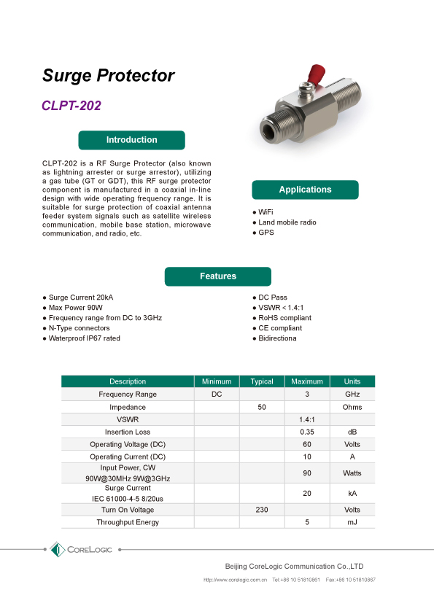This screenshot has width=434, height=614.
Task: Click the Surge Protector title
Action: [108, 76]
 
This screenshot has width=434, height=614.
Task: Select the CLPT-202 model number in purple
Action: [71, 105]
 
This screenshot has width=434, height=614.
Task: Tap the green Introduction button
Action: [131, 140]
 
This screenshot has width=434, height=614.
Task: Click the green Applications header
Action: [305, 190]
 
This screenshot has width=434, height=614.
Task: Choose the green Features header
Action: [218, 276]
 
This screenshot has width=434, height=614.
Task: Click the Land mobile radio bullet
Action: [287, 222]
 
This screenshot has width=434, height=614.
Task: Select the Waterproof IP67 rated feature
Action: [84, 338]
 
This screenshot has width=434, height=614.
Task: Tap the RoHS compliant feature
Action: [284, 318]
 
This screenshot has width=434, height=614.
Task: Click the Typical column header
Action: [262, 381]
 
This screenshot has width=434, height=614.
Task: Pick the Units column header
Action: [352, 381]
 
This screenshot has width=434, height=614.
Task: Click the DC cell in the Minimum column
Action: [217, 395]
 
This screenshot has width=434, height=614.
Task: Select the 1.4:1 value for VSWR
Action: [307, 420]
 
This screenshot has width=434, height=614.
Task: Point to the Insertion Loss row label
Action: [128, 432]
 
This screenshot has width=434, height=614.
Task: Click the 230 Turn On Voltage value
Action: [262, 510]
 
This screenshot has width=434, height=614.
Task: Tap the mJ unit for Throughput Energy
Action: [352, 522]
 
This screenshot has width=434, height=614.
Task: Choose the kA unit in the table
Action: [352, 494]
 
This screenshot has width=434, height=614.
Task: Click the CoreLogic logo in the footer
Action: [81, 549]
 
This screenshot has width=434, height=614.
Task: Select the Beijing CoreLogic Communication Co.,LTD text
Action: [293, 566]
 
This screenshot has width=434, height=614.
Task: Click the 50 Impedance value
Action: [262, 407]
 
